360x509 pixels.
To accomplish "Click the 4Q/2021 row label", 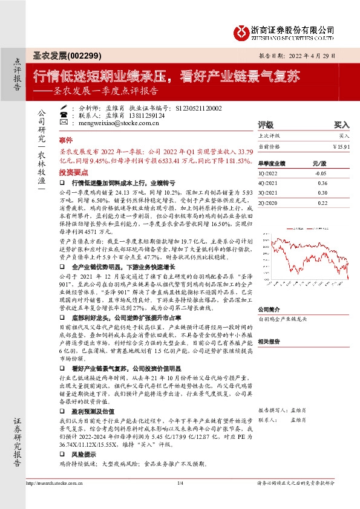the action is click(x=268, y=183).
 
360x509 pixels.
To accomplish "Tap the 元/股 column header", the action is click(x=319, y=163).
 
